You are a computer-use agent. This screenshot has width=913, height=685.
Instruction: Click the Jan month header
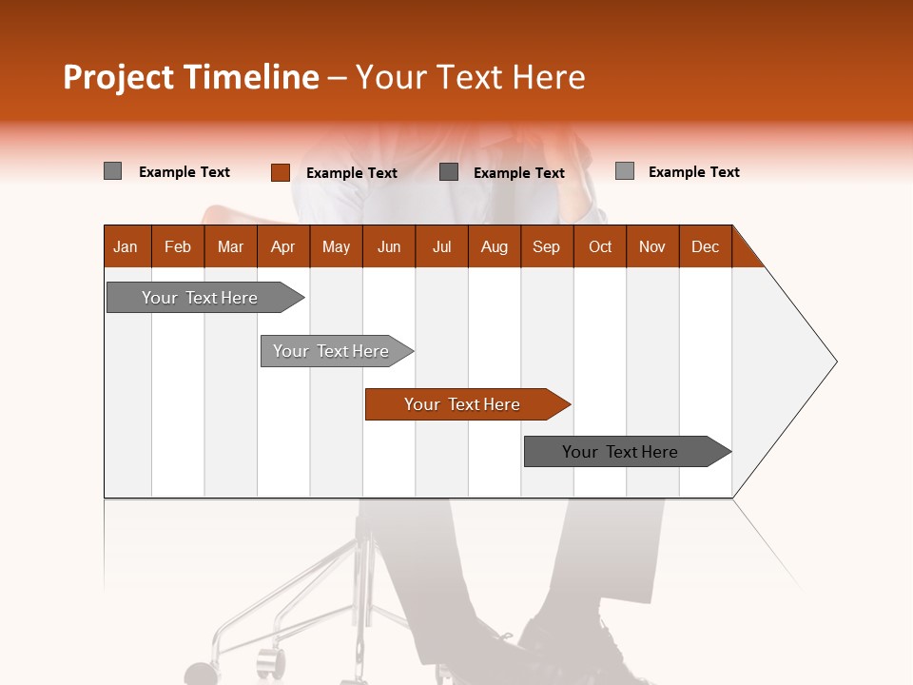[x=126, y=246]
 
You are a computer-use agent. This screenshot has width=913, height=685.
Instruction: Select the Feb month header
[x=178, y=246]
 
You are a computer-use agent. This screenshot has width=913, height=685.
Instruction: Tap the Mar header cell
[x=230, y=246]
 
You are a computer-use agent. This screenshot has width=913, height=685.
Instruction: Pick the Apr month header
[x=282, y=246]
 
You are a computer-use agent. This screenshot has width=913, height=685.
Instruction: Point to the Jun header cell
[x=389, y=246]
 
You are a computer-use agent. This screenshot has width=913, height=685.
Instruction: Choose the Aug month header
[x=494, y=246]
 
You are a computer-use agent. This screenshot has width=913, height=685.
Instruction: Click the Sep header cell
[x=546, y=246]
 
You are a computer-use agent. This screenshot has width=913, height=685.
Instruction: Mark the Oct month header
[x=600, y=246]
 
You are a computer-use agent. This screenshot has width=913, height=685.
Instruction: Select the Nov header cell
[x=652, y=246]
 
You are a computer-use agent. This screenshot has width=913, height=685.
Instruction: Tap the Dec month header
[x=705, y=246]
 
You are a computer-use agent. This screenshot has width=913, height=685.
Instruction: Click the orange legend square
[x=280, y=172]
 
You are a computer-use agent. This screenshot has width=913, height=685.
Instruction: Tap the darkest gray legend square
[x=449, y=172]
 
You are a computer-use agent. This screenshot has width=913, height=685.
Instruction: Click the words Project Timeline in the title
[x=190, y=77]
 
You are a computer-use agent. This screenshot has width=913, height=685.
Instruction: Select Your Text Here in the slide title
[x=470, y=77]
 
